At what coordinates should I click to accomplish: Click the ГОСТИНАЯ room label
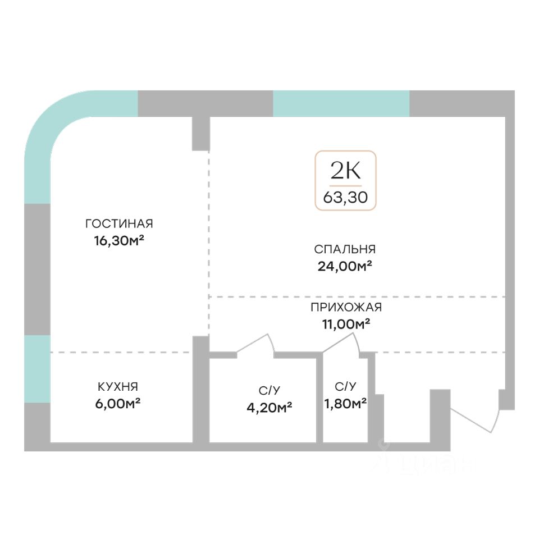[x=119, y=223]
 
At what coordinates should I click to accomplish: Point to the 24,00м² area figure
[x=345, y=266]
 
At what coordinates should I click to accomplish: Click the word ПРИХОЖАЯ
[x=346, y=307]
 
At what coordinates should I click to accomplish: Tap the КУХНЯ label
[x=118, y=386]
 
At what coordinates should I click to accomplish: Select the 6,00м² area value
[x=118, y=403]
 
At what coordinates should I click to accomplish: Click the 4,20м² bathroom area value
[x=269, y=408]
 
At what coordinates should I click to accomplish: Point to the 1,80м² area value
[x=345, y=403]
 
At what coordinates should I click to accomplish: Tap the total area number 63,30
[x=345, y=198]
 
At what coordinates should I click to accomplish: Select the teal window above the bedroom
[x=341, y=103]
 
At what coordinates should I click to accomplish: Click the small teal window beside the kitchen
[x=37, y=368]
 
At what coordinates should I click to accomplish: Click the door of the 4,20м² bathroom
[x=255, y=344]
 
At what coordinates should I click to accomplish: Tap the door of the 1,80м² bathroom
[x=342, y=342]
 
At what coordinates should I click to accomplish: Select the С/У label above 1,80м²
[x=345, y=386]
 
